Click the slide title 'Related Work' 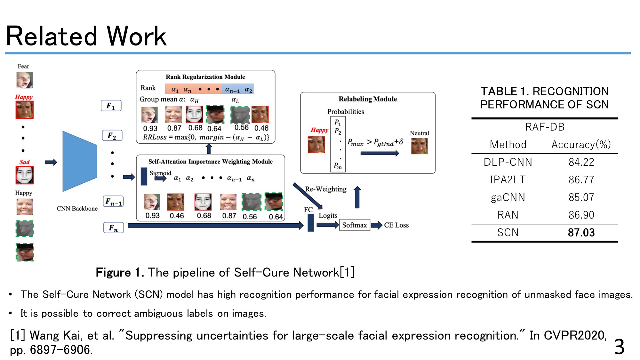click(x=86, y=36)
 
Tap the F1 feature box click(x=111, y=106)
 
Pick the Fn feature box click(x=113, y=228)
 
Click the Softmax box click(x=355, y=225)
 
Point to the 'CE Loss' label click(x=396, y=225)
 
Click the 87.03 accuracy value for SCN click(x=581, y=232)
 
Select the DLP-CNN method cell click(x=508, y=162)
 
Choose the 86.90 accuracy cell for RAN click(x=581, y=215)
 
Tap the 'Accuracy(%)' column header click(x=581, y=144)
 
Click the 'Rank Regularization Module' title click(x=205, y=77)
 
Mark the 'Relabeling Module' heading click(x=368, y=99)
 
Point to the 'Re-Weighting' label click(x=326, y=189)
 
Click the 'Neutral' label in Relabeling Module click(x=419, y=133)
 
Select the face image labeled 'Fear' click(x=25, y=80)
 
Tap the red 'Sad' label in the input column click(x=24, y=162)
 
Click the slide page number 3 click(x=619, y=347)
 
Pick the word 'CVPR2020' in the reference click(x=574, y=335)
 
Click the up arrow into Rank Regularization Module click(x=209, y=149)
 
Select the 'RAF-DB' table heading click(x=545, y=127)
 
